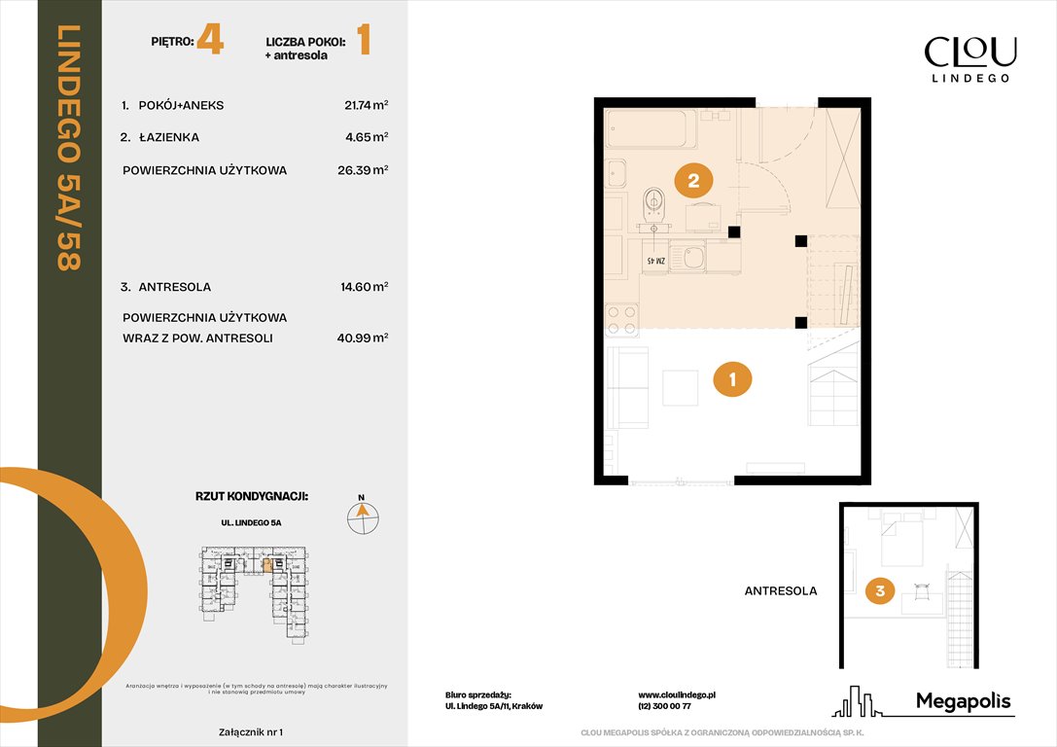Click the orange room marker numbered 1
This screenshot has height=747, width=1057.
[x=732, y=380]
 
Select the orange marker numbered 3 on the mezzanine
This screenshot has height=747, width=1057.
[x=879, y=589]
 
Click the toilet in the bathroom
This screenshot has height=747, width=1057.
[x=654, y=204]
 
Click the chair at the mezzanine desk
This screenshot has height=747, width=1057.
[x=921, y=588]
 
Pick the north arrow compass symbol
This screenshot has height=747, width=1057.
[x=363, y=516]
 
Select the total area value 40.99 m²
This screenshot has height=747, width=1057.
[x=366, y=338]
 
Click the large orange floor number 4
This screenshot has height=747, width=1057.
[x=209, y=43]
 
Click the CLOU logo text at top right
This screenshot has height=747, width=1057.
[x=969, y=52]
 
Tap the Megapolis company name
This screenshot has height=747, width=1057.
[x=963, y=701]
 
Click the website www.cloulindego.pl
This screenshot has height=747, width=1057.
[x=677, y=694]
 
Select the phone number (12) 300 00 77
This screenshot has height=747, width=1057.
[x=664, y=706]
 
